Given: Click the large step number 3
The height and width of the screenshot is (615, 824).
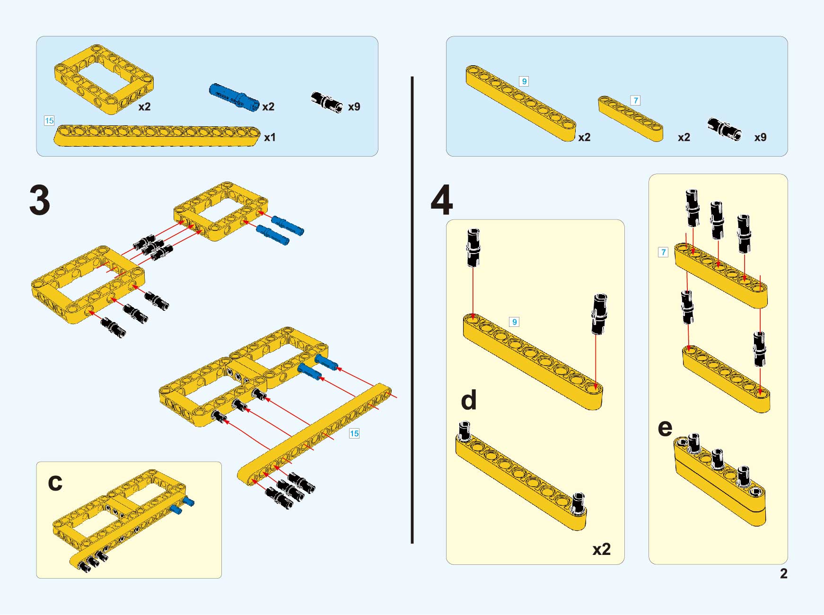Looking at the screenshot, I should click(40, 200).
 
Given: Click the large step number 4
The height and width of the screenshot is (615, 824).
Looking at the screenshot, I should click(441, 200).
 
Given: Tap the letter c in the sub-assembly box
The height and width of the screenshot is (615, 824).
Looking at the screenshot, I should click(55, 483).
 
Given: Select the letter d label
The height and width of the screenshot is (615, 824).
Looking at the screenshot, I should click(468, 400).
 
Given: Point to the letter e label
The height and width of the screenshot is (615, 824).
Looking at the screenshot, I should click(665, 428).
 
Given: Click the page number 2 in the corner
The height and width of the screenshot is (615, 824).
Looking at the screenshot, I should click(783, 573).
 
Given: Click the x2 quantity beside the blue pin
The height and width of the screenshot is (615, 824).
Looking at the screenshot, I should click(268, 107).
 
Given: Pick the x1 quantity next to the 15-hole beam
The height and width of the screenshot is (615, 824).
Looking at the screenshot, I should click(270, 138).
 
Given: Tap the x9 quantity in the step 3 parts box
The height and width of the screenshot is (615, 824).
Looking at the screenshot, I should click(354, 107).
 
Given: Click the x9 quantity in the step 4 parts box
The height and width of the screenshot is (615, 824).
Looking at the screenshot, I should click(760, 137).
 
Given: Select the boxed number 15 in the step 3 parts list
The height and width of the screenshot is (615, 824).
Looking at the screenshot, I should click(49, 121).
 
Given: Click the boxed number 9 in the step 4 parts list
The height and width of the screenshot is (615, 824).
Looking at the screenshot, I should click(524, 81).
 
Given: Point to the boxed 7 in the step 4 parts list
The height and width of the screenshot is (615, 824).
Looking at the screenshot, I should click(635, 100).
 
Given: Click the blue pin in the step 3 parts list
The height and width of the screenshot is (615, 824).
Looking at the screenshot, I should click(234, 97).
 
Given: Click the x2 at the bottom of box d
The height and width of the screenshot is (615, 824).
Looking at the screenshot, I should click(601, 549).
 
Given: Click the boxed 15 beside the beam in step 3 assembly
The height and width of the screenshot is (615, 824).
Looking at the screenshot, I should click(354, 433).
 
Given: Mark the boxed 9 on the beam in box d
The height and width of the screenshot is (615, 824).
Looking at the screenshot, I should click(514, 322).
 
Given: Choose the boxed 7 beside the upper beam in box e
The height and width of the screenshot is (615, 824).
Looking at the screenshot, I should click(663, 252).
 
